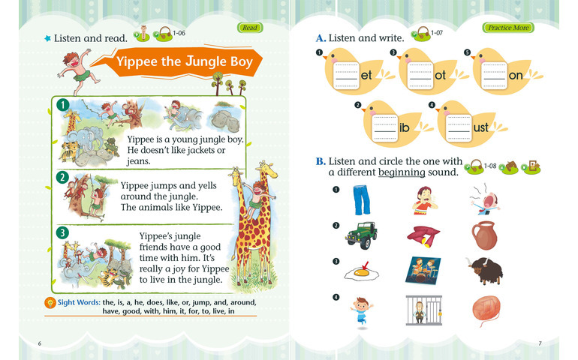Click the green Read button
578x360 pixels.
250,28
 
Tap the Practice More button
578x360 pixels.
508,28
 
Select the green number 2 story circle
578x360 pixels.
62,178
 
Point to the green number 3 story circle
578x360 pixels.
62,232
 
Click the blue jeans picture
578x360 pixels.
361,200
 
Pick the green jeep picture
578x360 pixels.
362,235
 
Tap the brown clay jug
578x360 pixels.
484,235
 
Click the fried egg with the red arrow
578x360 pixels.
361,272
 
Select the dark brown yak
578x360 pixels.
485,270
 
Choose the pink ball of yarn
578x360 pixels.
486,310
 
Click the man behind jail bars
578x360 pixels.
423,310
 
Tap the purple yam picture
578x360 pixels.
423,236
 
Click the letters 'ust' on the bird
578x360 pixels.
480,127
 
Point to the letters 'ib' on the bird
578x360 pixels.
405,127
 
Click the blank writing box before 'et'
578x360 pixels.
346,76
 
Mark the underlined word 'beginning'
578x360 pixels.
402,172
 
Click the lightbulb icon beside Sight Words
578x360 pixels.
50,302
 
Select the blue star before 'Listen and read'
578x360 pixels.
47,38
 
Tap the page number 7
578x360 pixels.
540,343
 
